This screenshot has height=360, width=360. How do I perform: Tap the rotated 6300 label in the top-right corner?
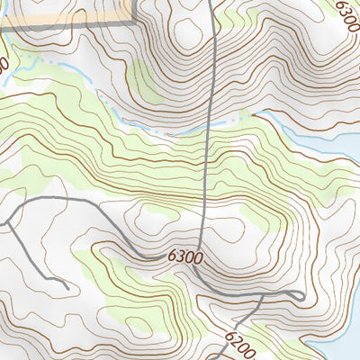coord(346,16)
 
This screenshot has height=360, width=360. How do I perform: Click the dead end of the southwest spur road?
coord(68,287)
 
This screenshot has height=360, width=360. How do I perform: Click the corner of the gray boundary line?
coord(133,20)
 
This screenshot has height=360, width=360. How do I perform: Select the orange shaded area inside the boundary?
coord(63,9)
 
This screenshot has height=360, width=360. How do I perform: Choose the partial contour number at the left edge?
coord(4,66)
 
